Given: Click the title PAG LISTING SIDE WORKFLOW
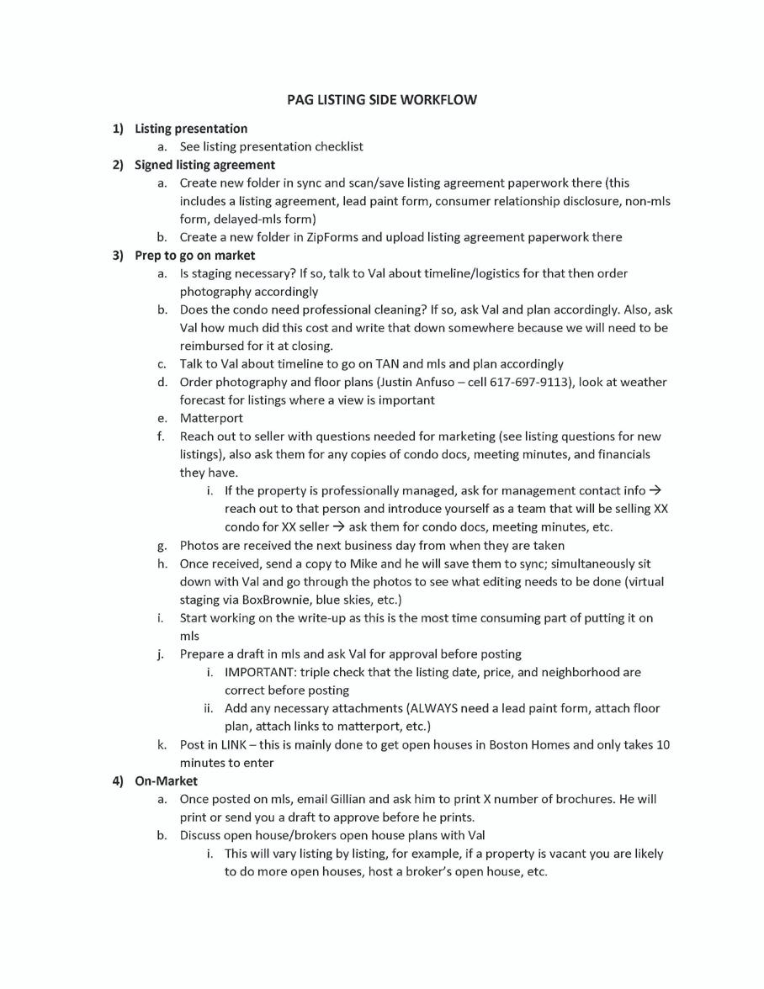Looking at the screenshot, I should pos(381,99).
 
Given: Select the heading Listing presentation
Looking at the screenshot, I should pos(191,129).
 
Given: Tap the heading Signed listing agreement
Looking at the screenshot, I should pos(204,165).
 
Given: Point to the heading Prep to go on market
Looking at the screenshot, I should pos(194,255).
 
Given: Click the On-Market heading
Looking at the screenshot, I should pos(166,780).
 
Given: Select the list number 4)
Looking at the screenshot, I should pos(119,780).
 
